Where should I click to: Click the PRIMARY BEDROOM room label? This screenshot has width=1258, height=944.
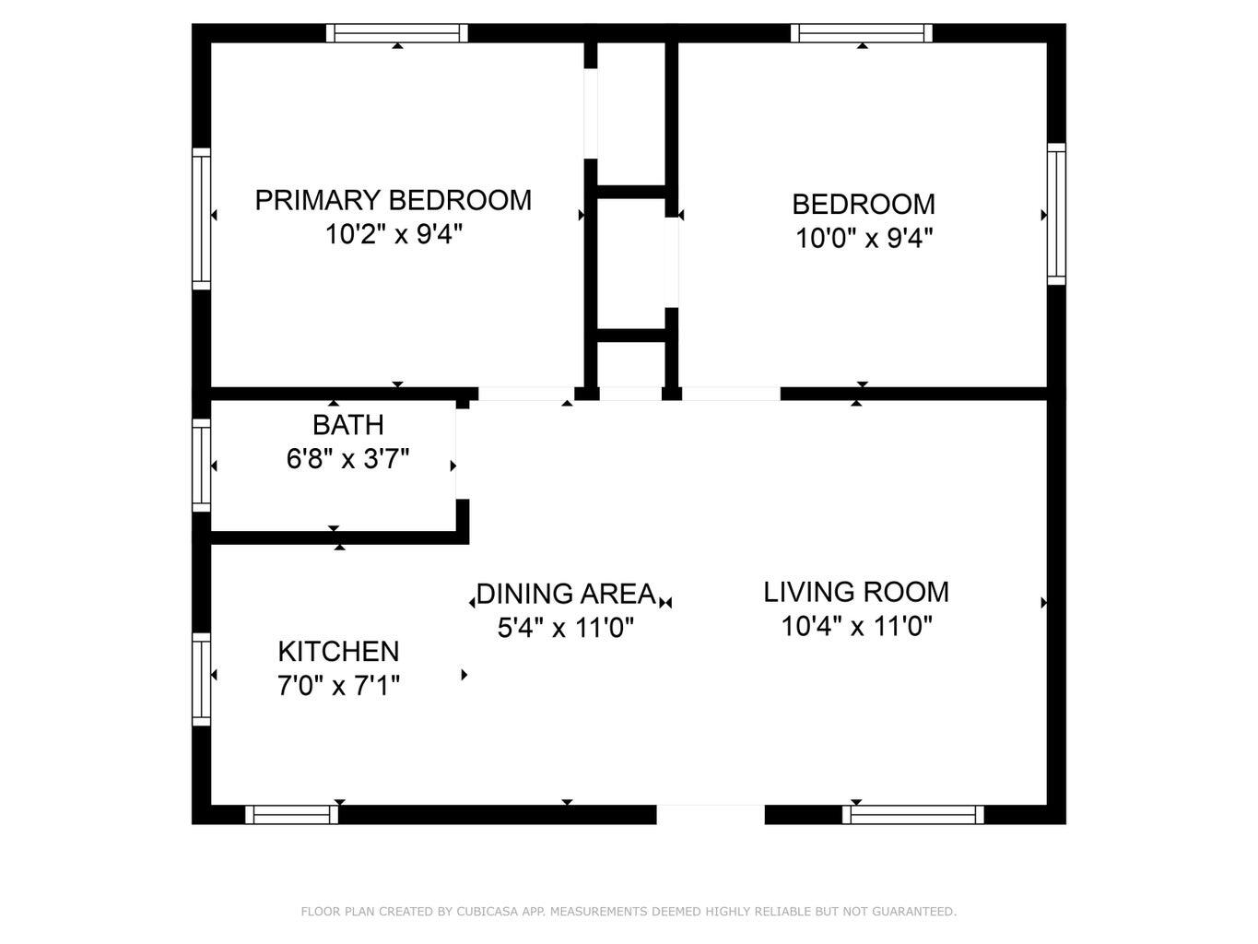pos(393,200)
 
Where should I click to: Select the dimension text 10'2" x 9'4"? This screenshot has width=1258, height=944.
pos(393,235)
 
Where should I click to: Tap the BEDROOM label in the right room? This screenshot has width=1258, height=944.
pos(863,204)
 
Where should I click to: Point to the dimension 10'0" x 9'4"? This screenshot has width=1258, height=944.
pos(864,239)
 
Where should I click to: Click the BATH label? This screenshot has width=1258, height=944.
pos(347,425)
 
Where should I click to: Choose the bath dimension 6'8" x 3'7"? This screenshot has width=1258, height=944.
pos(347,459)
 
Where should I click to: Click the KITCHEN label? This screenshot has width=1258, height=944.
pos(338,652)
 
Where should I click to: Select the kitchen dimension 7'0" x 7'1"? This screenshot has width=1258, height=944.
pos(338,686)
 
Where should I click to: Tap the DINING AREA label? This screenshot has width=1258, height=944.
pos(566,594)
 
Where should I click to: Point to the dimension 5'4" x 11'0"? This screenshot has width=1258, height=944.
pos(566,629)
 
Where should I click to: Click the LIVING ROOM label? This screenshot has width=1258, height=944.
pos(855,592)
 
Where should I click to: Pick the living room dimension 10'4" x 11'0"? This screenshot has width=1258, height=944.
pos(856,627)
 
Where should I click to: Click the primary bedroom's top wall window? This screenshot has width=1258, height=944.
pos(397,33)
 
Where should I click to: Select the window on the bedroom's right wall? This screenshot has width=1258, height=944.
pos(1056,214)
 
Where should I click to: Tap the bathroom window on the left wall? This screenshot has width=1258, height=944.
pos(201,465)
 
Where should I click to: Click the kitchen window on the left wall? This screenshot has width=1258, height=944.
pos(201,678)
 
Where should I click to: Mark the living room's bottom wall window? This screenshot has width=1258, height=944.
pos(912,815)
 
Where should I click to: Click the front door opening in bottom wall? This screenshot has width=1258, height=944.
pos(711,815)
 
